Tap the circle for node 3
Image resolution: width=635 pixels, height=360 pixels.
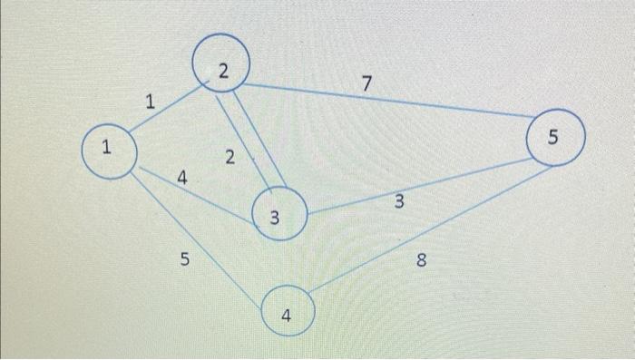pos(279,214)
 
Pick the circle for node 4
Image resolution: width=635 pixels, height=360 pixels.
pos(288,315)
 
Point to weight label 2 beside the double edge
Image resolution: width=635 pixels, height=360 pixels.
pos(230,158)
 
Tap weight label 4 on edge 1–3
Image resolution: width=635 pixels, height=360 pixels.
pos(182,180)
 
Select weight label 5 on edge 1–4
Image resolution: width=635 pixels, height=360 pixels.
pos(185,260)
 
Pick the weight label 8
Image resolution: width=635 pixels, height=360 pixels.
pos(420,262)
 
